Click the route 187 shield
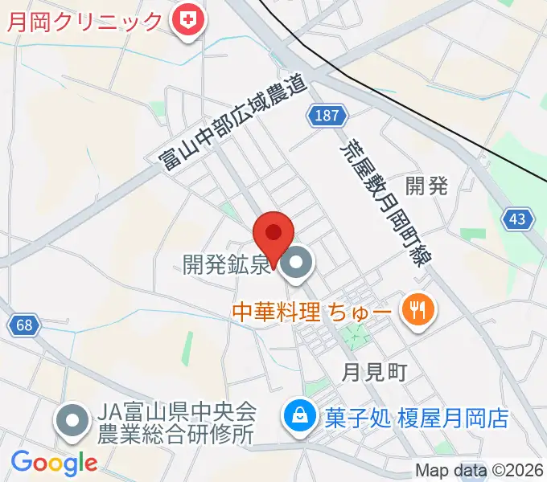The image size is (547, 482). (326, 116)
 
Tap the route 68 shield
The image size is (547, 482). (24, 325)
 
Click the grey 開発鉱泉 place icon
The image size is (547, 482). (298, 263)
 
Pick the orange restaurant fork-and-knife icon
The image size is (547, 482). (417, 309)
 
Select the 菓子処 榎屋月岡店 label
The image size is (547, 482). (417, 418)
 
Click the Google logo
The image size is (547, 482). (54, 462)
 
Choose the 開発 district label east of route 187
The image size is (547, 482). (427, 186)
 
